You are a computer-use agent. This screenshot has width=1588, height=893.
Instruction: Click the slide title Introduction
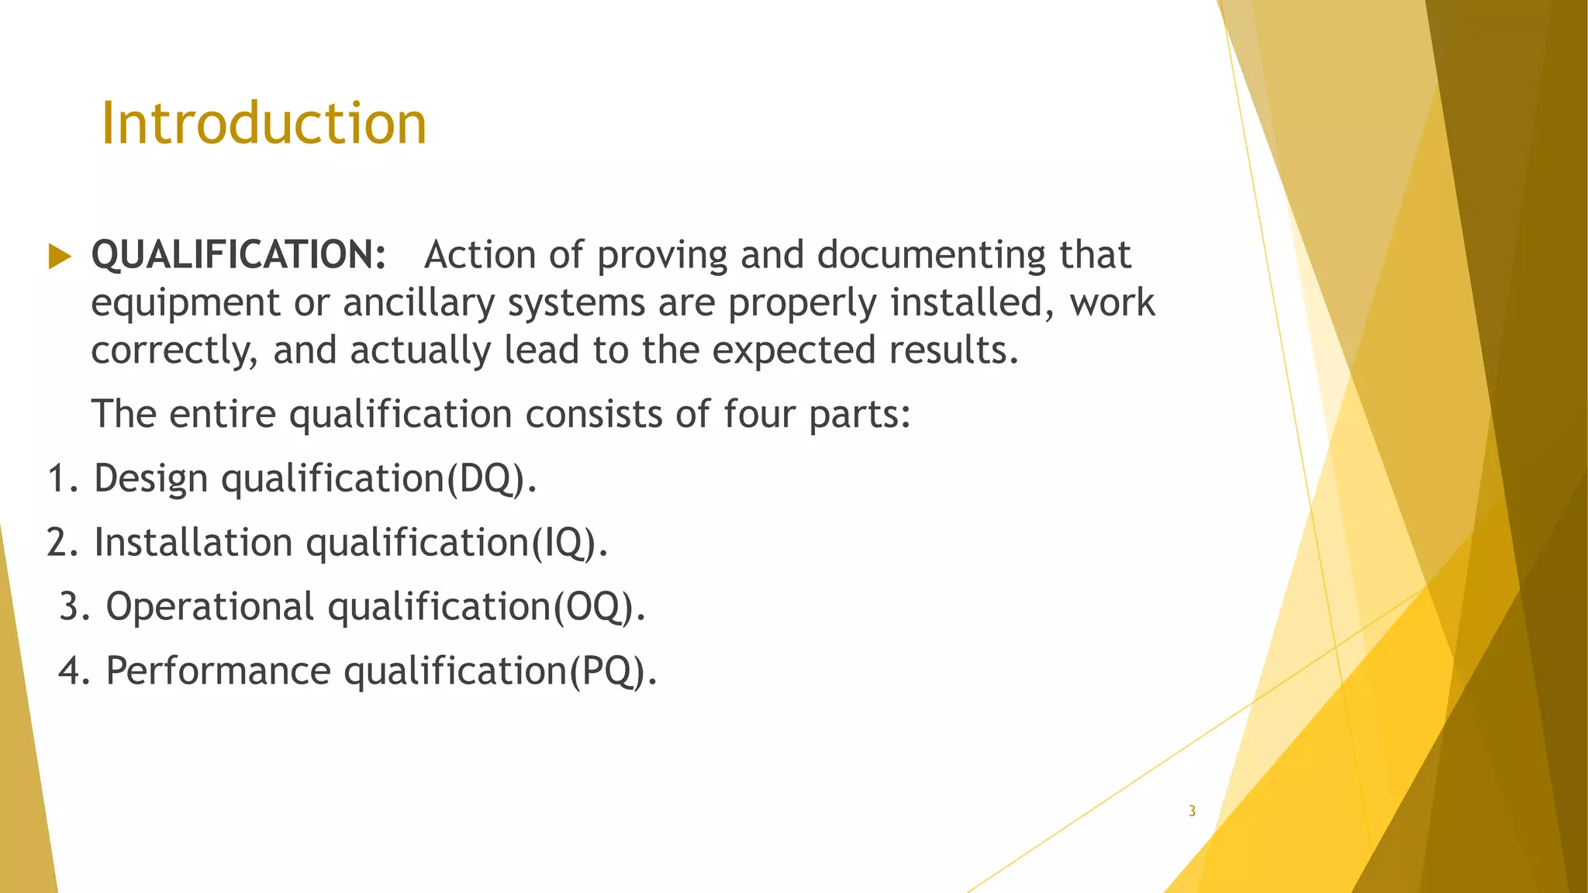(264, 123)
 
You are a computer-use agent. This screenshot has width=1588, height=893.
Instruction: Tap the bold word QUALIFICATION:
(239, 255)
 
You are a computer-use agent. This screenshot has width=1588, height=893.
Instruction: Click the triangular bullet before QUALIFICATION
(59, 256)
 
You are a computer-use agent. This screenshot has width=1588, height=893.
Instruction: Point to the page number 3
(1192, 812)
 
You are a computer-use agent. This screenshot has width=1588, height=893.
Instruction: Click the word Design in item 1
(150, 478)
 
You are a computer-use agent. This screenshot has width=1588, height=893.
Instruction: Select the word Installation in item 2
(193, 543)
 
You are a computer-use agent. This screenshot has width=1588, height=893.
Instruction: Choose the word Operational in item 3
(209, 606)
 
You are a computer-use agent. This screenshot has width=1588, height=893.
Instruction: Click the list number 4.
(71, 671)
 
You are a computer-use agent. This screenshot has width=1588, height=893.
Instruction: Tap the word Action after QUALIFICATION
(480, 255)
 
